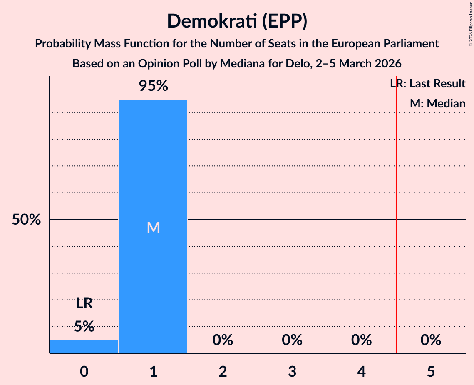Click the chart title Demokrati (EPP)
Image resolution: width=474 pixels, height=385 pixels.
(x=237, y=21)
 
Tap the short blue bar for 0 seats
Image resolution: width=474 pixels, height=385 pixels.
(x=84, y=347)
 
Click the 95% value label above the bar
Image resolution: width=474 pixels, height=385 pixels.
(x=153, y=86)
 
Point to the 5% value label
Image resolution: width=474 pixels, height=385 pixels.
(x=84, y=326)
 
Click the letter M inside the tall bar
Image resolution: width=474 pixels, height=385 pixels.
(x=153, y=227)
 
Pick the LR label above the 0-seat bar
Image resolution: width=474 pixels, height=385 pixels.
(x=84, y=303)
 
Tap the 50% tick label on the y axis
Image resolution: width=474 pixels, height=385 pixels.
(x=26, y=220)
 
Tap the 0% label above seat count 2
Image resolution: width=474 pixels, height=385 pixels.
(x=223, y=340)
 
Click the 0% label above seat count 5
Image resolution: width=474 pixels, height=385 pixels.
(x=431, y=340)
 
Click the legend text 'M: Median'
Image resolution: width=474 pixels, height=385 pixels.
(x=437, y=103)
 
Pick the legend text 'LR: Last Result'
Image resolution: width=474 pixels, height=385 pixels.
(x=428, y=84)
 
